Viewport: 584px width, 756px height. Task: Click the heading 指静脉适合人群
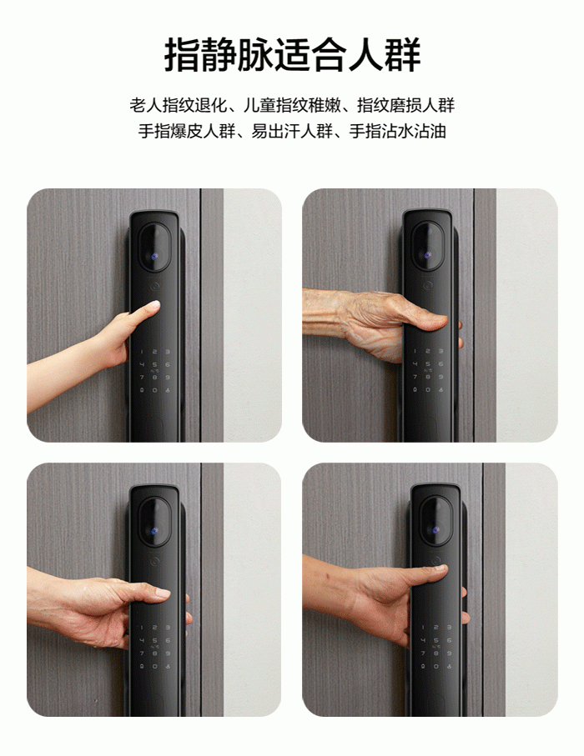pyautogui.click(x=292, y=56)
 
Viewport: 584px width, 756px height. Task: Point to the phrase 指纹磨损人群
pyautogui.click(x=406, y=105)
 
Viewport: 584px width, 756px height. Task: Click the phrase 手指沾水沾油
pyautogui.click(x=397, y=131)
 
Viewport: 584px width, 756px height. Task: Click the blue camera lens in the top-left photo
pyautogui.click(x=154, y=258)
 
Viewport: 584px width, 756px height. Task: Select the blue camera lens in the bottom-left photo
pyautogui.click(x=154, y=531)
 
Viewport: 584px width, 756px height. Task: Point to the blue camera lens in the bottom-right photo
pyautogui.click(x=435, y=530)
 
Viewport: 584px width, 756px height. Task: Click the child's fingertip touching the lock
pyautogui.click(x=154, y=305)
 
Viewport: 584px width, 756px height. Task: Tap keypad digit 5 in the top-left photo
pyautogui.click(x=154, y=364)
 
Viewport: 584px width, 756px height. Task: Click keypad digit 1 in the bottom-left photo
pyautogui.click(x=142, y=628)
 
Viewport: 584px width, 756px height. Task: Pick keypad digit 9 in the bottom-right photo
pyautogui.click(x=449, y=653)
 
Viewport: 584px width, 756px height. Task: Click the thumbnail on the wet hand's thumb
pyautogui.click(x=163, y=592)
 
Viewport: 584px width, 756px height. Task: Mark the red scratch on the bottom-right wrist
pyautogui.click(x=328, y=575)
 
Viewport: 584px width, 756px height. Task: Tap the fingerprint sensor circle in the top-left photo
pyautogui.click(x=154, y=286)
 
